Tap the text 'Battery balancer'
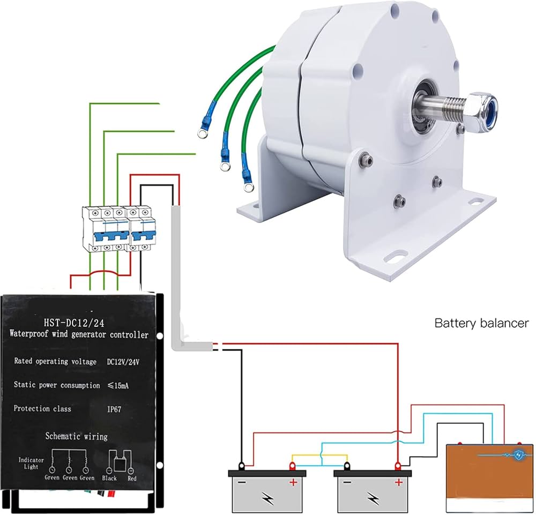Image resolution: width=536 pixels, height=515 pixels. point(481,323)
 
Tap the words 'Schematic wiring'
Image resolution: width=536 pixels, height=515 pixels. point(76,436)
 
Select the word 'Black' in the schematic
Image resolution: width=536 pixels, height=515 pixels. point(109,477)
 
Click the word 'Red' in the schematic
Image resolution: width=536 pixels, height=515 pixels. point(131,477)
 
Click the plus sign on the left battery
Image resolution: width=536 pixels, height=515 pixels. point(293,482)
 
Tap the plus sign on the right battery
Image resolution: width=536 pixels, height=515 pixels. point(398,482)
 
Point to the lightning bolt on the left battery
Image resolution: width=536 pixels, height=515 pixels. point(267,497)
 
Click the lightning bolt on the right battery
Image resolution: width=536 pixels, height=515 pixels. point(372,497)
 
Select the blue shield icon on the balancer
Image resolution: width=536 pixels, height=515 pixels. point(518,456)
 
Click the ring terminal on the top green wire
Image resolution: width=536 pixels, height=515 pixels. point(203,131)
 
